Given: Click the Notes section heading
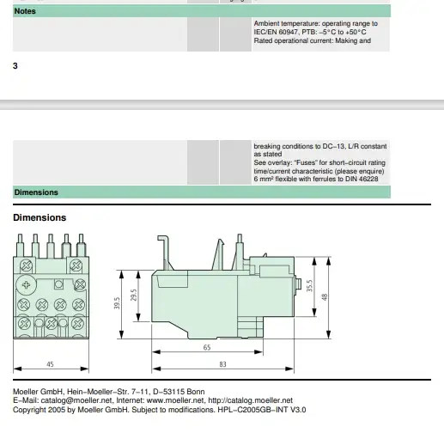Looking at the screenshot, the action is pos(25,11).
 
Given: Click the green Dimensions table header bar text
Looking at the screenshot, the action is pos(36,192).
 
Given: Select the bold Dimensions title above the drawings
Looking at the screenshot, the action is pos(40,217).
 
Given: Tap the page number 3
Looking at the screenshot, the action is pos(15,66).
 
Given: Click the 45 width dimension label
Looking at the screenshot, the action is pos(50,364).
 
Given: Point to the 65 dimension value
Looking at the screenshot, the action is pos(207,347).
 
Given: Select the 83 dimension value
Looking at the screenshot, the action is pos(222,364).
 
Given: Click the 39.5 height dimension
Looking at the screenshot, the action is pos(117,303).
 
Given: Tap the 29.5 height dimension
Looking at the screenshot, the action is pos(134,295).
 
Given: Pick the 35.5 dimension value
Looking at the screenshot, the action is pos(309,286).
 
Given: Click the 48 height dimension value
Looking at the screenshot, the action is pos(324,297).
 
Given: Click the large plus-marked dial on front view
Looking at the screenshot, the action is pos(26,285).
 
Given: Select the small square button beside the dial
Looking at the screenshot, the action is pos(58,284).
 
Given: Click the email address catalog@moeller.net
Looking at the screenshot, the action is pos(76,400).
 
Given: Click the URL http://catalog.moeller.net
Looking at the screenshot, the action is pos(250,400).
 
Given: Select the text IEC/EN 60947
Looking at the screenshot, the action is pos(276,32).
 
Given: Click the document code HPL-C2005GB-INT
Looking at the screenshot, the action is pos(252,410).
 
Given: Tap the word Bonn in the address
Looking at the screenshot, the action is pos(196,392).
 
